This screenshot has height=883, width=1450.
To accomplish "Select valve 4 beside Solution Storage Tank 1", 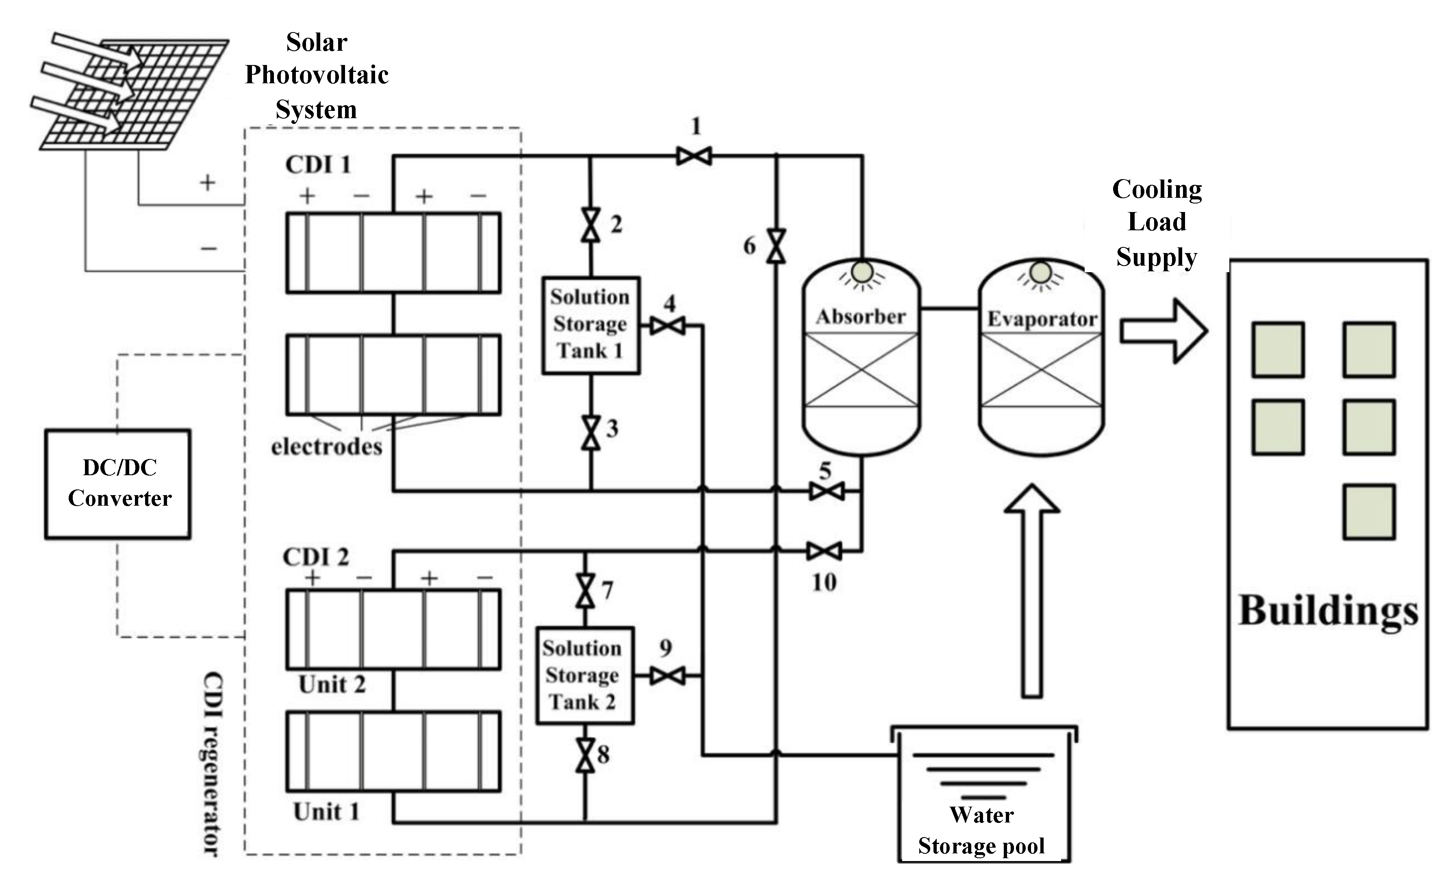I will point(667,325).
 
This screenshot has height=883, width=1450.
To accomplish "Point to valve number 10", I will point(824,551).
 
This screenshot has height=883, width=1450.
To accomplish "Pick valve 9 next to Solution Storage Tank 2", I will point(667,676).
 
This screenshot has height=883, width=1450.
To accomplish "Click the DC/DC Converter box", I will point(118,484).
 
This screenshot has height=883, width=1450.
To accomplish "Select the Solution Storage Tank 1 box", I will point(590,325).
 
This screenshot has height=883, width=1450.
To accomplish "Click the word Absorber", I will point(860,317).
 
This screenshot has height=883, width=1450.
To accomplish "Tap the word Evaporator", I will point(1042,319).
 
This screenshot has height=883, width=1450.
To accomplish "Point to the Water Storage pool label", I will point(981,830).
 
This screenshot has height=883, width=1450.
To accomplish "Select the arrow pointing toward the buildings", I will point(1163,331).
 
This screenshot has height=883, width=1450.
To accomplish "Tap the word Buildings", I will point(1328,612).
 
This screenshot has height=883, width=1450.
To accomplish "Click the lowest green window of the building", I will point(1368,511).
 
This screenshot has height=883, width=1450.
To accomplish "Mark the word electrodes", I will point(327,447).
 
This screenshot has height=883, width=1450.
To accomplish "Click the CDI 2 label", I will point(316,556).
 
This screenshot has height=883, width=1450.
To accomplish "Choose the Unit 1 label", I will point(326,812).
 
